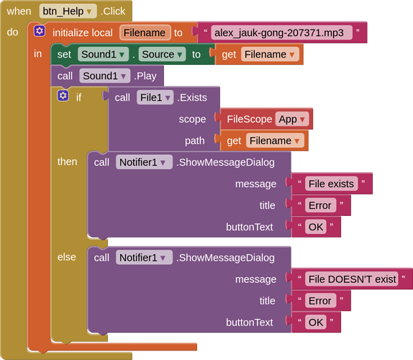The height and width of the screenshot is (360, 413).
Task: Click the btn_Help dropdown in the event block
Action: (68, 12)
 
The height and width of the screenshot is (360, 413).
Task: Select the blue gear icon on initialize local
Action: (40, 31)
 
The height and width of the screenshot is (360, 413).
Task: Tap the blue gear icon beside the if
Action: (63, 96)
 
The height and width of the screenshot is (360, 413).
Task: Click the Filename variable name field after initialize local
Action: (145, 32)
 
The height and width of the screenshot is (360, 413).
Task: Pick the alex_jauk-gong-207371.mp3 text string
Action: (279, 32)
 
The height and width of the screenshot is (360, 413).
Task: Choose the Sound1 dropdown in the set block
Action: (103, 54)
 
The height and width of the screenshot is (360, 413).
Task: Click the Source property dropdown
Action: (162, 54)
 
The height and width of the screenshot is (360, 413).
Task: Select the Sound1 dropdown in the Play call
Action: (104, 76)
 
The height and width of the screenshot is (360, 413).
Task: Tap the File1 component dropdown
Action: (155, 97)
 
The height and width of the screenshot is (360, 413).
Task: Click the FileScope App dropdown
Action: (291, 119)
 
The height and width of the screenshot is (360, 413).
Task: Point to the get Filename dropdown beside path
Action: (275, 140)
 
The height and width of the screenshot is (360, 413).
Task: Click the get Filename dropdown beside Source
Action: (270, 54)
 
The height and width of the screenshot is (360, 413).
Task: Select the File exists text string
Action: (332, 184)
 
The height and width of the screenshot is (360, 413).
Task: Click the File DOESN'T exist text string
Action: (352, 279)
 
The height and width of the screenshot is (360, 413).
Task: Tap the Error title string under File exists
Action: (320, 205)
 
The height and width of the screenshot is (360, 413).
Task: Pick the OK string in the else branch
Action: (316, 323)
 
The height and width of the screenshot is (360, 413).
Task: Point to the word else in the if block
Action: (67, 257)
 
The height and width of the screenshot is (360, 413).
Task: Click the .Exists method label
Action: (192, 97)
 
